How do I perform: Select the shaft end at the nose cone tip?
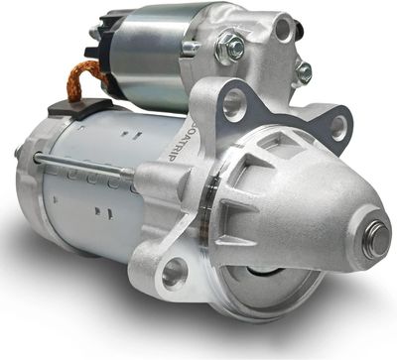[x=374, y=239]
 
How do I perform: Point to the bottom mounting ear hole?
[x=176, y=270]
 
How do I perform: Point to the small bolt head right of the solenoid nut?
[x=302, y=71]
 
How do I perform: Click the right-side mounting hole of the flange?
[x=337, y=126]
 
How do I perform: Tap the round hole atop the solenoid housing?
[x=285, y=31]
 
